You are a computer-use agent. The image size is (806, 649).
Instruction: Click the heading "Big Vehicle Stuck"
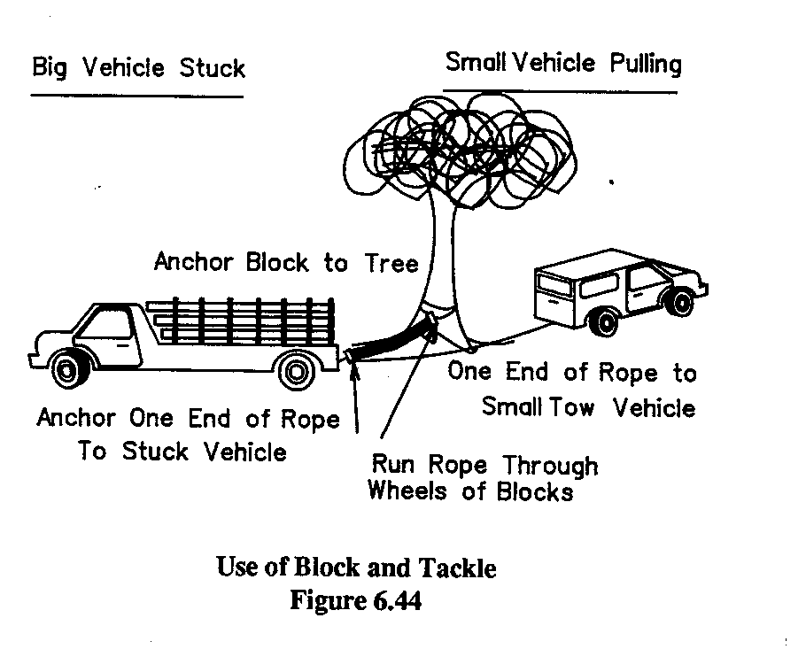[x=137, y=68]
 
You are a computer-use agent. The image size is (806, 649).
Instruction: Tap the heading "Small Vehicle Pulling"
[x=563, y=64]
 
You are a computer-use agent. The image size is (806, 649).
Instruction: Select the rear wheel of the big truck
[x=295, y=369]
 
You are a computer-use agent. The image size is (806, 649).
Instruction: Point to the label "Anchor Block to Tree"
[x=286, y=263]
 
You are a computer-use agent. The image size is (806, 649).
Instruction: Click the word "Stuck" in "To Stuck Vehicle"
[x=155, y=452]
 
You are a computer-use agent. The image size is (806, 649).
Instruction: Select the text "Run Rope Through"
[x=484, y=465]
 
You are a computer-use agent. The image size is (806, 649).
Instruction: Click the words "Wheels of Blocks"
[x=469, y=491]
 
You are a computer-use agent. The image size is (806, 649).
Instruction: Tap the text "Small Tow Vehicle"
[x=588, y=407]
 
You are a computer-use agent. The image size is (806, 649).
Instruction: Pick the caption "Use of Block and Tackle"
[x=357, y=568]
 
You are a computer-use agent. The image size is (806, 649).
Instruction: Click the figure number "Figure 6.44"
[x=355, y=601]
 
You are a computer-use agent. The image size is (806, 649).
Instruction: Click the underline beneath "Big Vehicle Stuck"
[x=137, y=96]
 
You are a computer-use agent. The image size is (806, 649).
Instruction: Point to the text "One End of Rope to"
[x=572, y=373]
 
